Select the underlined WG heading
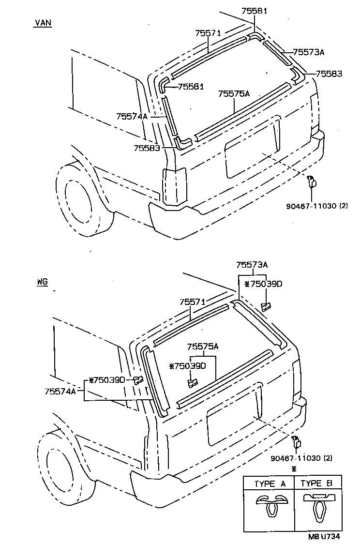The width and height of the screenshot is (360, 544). click(42, 281)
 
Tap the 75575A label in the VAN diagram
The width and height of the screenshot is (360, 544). click(234, 93)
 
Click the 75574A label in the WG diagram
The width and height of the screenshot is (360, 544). click(60, 391)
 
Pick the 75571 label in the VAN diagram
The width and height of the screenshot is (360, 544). click(208, 33)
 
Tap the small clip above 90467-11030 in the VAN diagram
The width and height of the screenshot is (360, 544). click(313, 181)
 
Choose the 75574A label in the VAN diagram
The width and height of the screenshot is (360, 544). click(132, 116)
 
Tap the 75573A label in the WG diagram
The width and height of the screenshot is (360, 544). click(252, 265)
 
